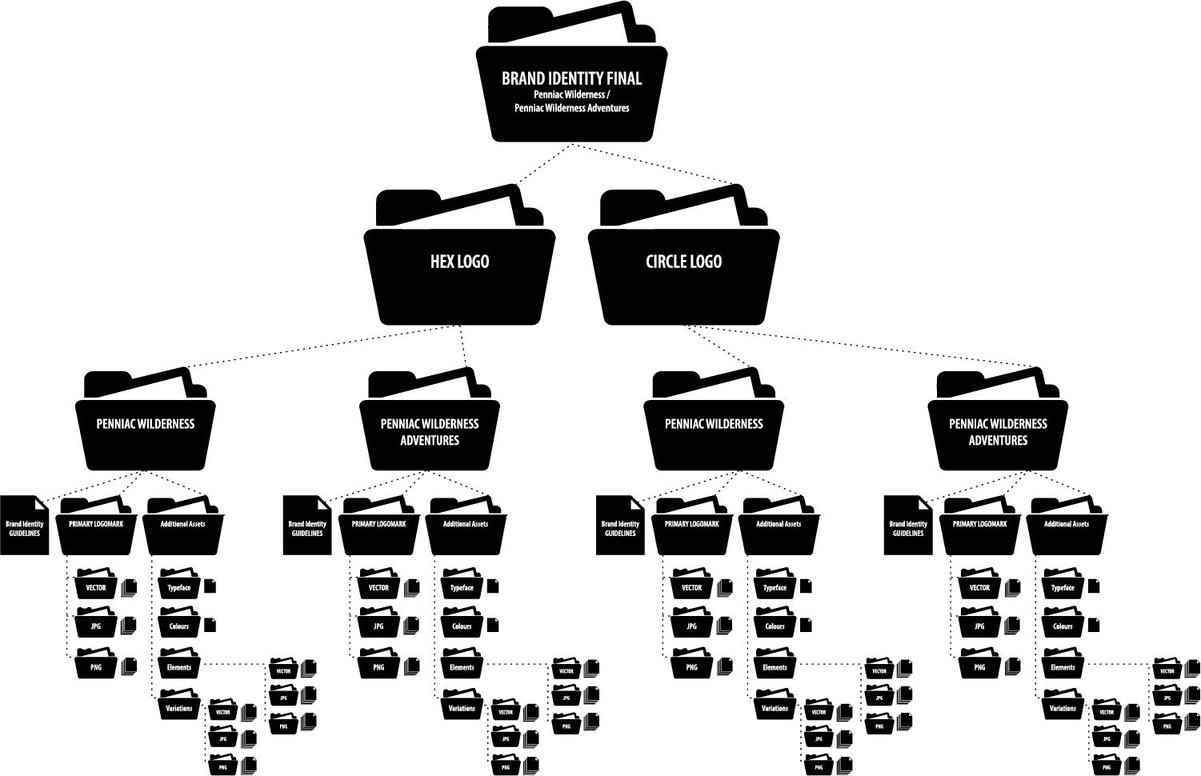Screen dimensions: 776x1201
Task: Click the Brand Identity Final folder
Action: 571,92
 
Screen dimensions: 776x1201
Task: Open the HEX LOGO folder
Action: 459,272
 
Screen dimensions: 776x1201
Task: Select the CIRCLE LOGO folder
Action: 683,272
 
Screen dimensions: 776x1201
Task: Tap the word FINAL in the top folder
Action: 624,78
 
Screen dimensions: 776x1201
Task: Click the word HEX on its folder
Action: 442,262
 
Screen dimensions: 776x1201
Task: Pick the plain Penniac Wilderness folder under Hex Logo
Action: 146,432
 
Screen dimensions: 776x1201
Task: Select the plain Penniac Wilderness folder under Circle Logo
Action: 714,432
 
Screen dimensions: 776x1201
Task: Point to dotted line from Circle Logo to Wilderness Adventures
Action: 864,345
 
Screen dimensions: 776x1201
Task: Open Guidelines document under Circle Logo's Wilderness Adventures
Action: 907,528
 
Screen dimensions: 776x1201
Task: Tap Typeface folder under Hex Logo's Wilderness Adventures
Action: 462,588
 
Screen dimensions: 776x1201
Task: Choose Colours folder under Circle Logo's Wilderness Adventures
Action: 1063,626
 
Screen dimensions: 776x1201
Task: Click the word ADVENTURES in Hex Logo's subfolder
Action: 430,441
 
